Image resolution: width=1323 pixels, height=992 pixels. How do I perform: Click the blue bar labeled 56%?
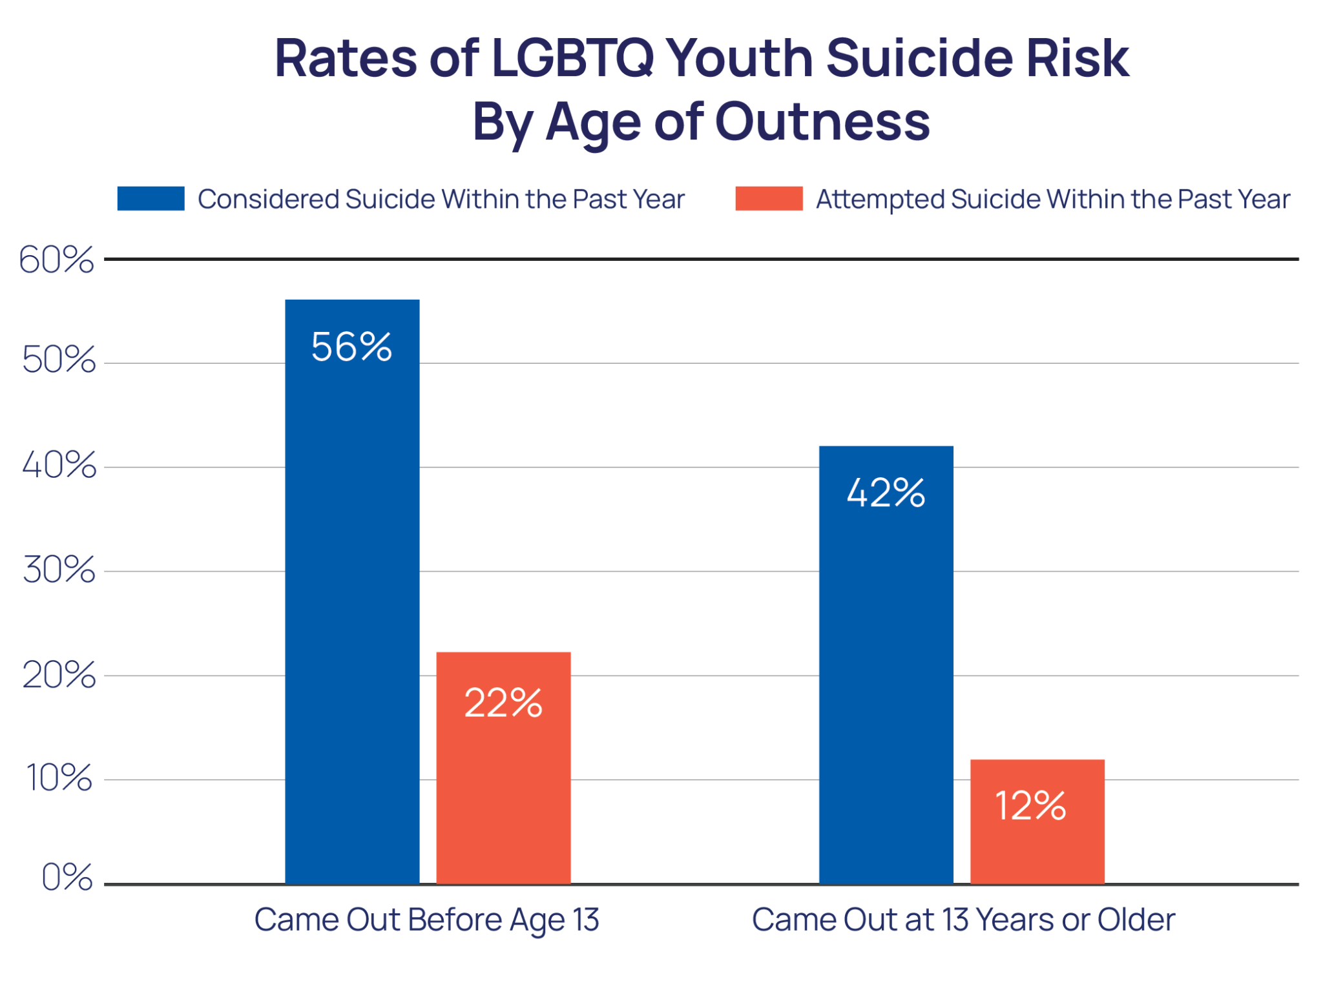pos(352,591)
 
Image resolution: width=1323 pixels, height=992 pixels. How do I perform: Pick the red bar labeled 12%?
pos(1037,821)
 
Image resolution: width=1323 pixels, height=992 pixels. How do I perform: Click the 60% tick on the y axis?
pos(57,260)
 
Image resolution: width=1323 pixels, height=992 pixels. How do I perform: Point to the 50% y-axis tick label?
pos(59,360)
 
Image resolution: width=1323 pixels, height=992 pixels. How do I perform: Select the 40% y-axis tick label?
pos(59,465)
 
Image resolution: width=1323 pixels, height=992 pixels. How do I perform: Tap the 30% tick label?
pos(59,570)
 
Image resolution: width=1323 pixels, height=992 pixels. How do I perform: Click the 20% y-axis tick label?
pos(59,676)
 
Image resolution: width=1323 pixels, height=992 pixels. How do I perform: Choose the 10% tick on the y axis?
pos(59,779)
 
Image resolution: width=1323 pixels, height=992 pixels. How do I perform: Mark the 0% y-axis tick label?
pos(67,878)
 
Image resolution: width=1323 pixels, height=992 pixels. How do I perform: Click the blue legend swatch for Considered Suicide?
pos(151,198)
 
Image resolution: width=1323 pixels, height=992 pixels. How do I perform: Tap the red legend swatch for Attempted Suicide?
pos(768,198)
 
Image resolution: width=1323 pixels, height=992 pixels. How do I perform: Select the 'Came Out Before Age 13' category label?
pos(426,920)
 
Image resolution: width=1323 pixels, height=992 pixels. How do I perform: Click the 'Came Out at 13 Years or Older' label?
pos(963,920)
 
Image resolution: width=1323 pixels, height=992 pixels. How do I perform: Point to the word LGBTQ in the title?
pos(572,58)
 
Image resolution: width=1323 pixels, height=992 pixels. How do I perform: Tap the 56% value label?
pos(351,347)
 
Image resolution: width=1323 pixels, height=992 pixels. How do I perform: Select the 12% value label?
pos(1030,806)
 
